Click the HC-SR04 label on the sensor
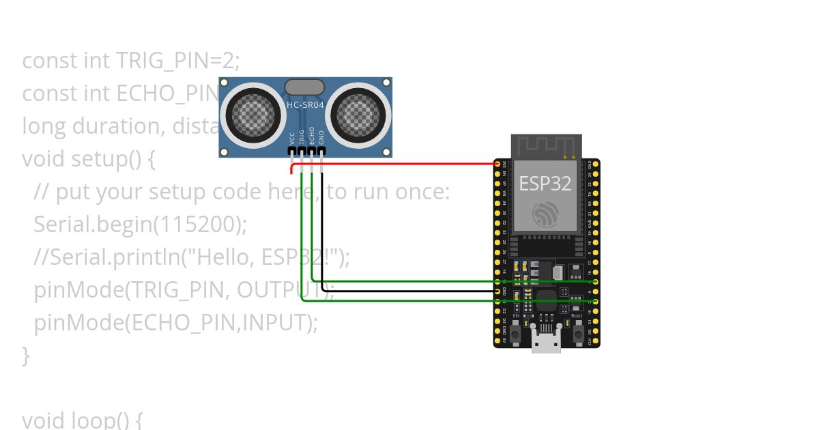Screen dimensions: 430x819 click(x=305, y=105)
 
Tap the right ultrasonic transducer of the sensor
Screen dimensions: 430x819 click(x=361, y=113)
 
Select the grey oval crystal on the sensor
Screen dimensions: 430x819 click(x=304, y=87)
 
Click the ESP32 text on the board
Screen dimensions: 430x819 click(x=545, y=183)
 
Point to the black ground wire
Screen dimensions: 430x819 click(x=409, y=291)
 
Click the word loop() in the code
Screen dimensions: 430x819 click(x=110, y=419)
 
